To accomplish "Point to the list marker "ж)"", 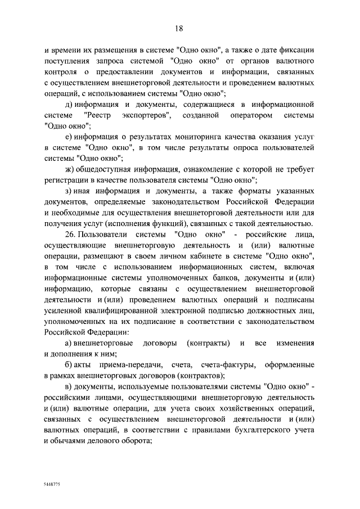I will (x=70, y=169).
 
